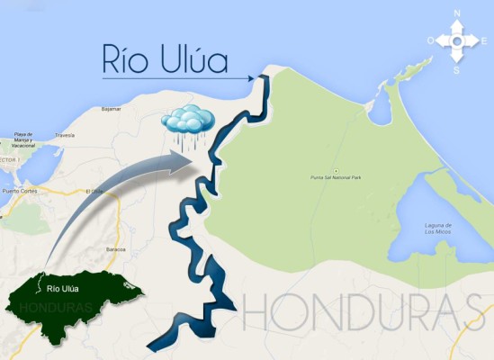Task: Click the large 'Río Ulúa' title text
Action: pyautogui.click(x=165, y=60)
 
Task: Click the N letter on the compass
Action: pyautogui.click(x=457, y=13)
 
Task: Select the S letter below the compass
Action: pyautogui.click(x=457, y=69)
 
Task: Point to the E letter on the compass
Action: pyautogui.click(x=483, y=40)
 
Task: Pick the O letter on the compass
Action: pyautogui.click(x=431, y=40)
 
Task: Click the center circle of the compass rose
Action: pyautogui.click(x=457, y=40)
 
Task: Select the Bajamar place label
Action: pyautogui.click(x=112, y=107)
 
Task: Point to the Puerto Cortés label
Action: pyautogui.click(x=23, y=191)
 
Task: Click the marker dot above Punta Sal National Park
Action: pyautogui.click(x=335, y=171)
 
